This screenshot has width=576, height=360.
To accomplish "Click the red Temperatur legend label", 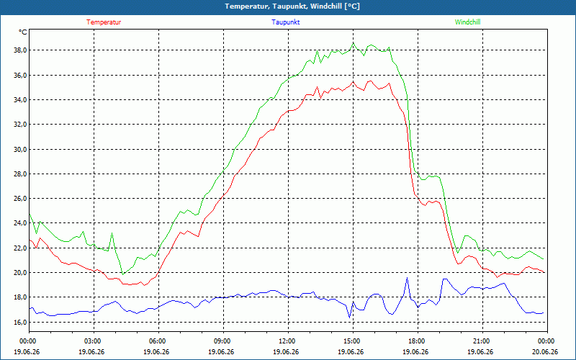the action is point(104,22).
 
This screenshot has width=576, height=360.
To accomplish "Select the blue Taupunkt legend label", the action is point(285,22).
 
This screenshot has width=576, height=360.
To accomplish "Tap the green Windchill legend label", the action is point(467,22).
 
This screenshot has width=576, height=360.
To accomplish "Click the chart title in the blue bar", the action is point(292,6).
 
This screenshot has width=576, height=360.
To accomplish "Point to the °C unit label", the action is point(23,32).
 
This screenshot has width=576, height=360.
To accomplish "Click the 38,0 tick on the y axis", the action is point(20,50).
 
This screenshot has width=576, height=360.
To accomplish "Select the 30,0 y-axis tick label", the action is point(20,149).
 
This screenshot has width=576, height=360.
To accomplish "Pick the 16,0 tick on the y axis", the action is point(20,322).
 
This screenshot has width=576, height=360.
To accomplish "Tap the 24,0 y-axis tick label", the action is point(20,223).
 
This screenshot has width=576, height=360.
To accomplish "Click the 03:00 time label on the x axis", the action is point(94,341).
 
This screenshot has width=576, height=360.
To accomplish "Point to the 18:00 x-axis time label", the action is point(418,341).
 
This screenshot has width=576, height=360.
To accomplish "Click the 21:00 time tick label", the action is point(482,341).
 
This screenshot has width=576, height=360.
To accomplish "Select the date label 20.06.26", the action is point(545,352).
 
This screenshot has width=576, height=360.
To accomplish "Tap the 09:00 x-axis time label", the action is point(224,341).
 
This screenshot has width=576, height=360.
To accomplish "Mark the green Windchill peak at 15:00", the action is point(354,43).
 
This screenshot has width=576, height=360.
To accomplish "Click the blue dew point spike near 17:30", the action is point(407,278).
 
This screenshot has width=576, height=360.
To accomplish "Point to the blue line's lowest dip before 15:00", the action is point(349,318).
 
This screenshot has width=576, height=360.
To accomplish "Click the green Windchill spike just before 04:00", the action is point(112,233).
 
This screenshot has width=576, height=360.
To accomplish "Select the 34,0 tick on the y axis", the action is point(20,100).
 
